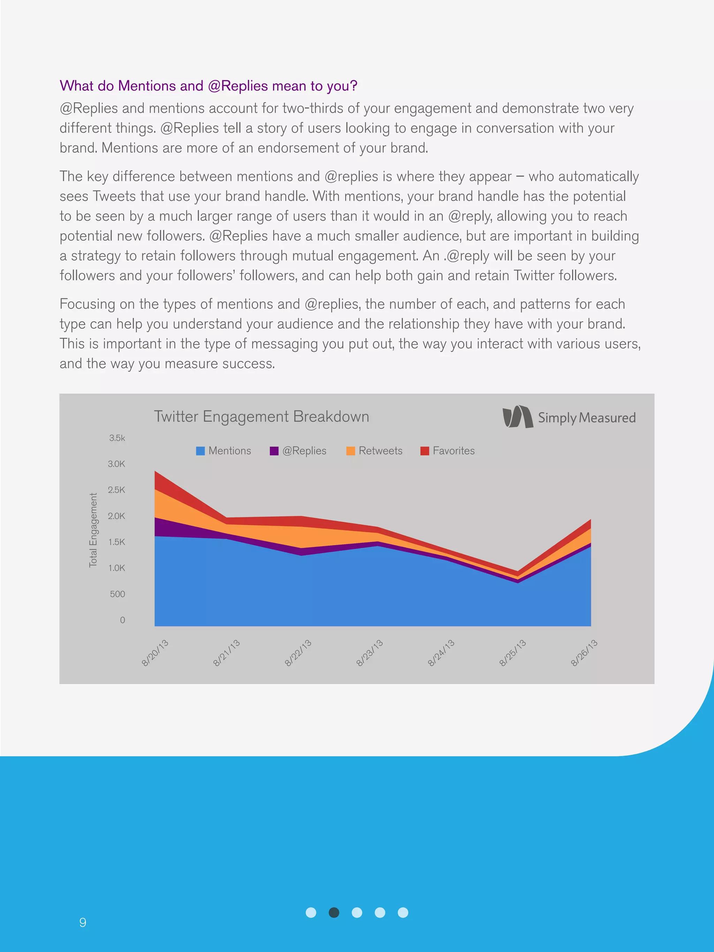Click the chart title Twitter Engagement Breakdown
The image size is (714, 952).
261,417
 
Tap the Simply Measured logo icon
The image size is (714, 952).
517,417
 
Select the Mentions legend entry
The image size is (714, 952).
223,451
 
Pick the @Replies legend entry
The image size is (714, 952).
298,451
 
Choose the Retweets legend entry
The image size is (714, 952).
374,451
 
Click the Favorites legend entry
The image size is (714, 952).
447,451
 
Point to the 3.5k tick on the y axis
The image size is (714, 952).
117,438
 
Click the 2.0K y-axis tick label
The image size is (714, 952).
116,516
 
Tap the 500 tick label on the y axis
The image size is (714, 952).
117,594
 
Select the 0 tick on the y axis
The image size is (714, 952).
122,620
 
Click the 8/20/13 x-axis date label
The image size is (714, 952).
155,653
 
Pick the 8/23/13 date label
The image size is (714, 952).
370,653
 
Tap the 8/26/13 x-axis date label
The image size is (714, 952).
584,653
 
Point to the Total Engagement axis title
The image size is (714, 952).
93,530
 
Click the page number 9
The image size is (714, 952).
83,922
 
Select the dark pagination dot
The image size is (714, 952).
334,912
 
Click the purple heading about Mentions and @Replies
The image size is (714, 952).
208,86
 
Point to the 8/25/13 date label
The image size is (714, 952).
512,653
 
